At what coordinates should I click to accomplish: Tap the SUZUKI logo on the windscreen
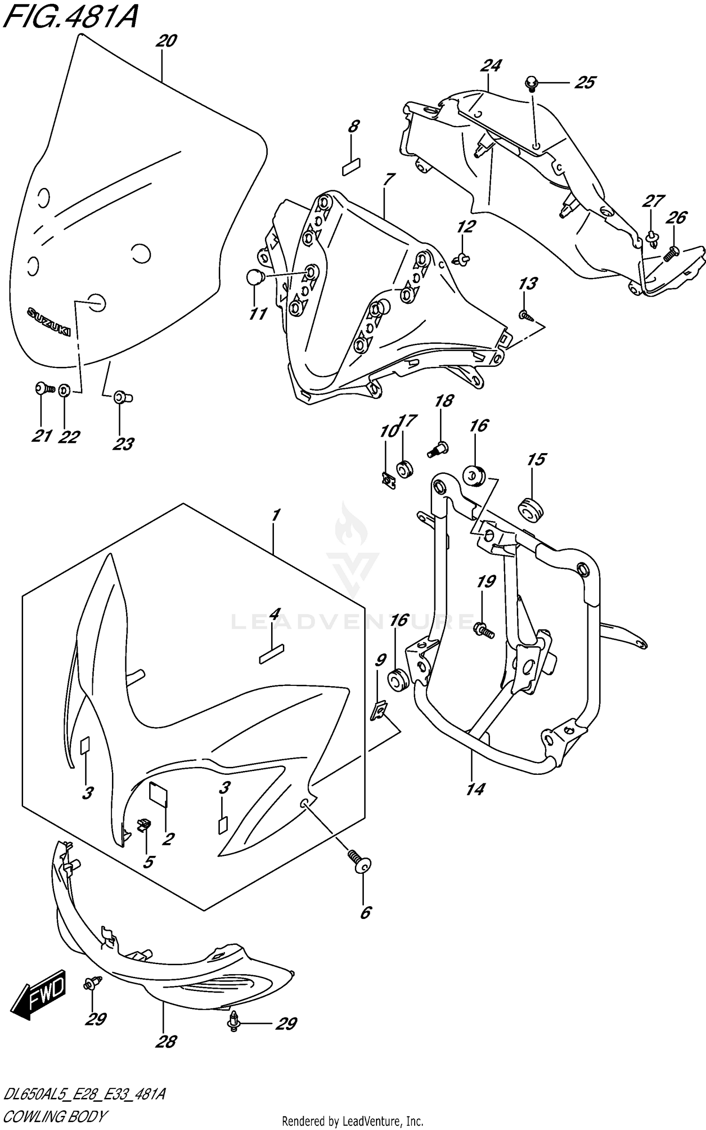(x=49, y=322)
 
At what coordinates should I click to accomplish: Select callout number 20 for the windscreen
(x=166, y=41)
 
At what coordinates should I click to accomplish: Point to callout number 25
(x=585, y=82)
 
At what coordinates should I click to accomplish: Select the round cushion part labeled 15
(x=530, y=511)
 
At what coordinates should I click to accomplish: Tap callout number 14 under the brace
(x=475, y=789)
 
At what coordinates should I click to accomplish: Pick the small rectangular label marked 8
(x=352, y=167)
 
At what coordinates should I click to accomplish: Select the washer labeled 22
(x=65, y=390)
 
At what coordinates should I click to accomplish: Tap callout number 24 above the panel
(x=491, y=65)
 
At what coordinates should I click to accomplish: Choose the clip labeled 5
(x=144, y=825)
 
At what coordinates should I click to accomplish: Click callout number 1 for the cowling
(x=276, y=515)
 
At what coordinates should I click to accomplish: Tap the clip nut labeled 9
(x=378, y=711)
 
